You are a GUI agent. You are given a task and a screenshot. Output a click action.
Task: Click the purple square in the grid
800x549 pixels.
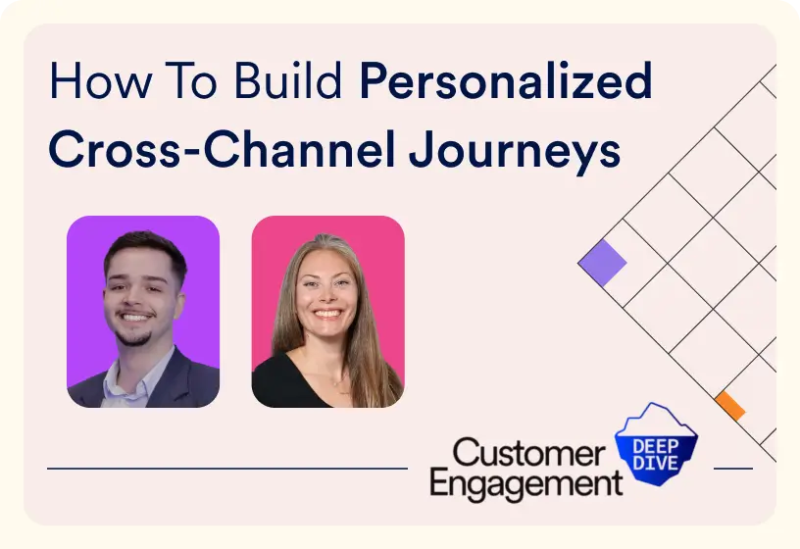pyautogui.click(x=602, y=263)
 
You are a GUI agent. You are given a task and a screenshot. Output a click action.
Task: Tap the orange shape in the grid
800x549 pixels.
pyautogui.click(x=729, y=405)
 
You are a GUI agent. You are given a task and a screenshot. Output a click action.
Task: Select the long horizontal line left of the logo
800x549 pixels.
pyautogui.click(x=226, y=469)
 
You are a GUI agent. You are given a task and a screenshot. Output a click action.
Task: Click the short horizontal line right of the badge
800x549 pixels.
pyautogui.click(x=733, y=469)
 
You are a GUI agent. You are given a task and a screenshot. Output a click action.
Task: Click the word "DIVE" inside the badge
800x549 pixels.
pyautogui.click(x=655, y=460)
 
